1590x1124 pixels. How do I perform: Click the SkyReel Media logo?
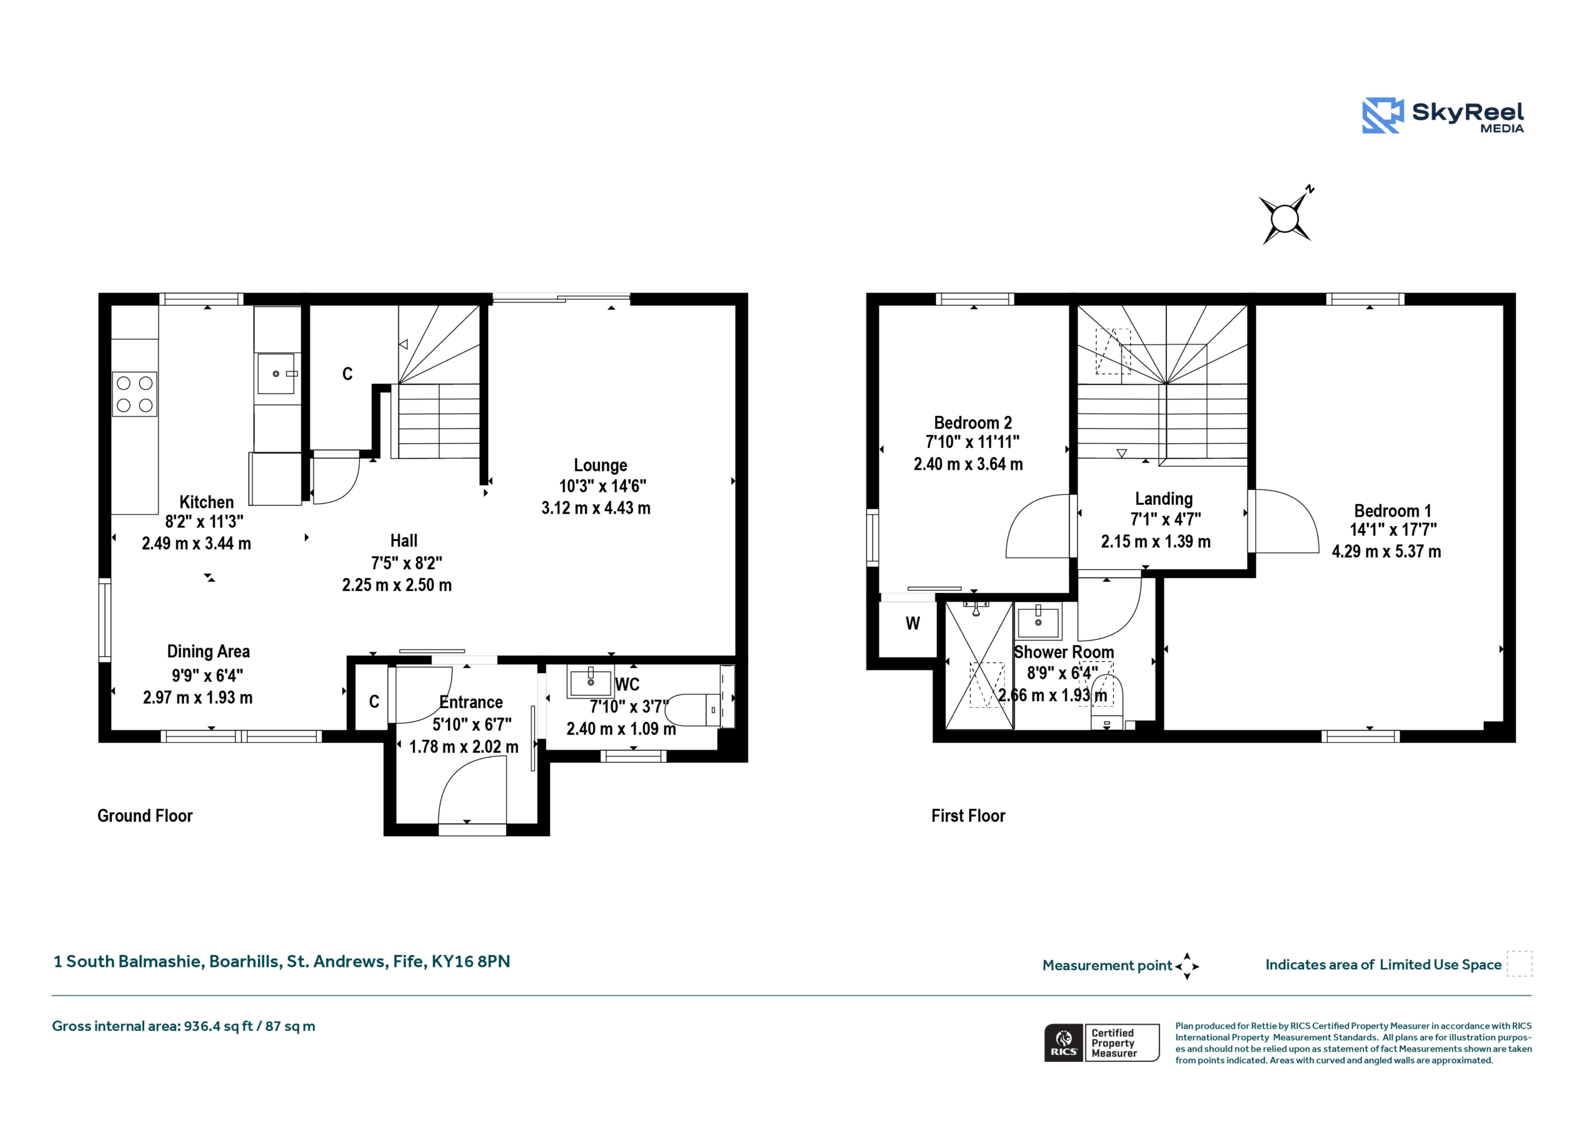tap(1443, 115)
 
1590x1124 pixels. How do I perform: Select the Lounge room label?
tap(601, 465)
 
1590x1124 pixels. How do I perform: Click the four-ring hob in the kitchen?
tap(134, 394)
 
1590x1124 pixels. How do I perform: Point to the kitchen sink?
tap(277, 373)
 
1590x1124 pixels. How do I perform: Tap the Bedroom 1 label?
tap(1392, 511)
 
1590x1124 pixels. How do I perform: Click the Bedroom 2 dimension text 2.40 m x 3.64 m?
tap(968, 464)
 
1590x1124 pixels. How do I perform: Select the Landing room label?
tap(1163, 499)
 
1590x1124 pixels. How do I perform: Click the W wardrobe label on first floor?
tap(913, 623)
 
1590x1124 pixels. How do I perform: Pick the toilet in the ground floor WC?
tap(694, 710)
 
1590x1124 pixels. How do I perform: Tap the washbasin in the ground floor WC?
tap(590, 681)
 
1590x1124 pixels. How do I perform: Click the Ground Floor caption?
tap(145, 816)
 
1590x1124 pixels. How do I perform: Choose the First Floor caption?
tap(968, 816)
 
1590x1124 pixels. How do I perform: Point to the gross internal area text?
tap(183, 1027)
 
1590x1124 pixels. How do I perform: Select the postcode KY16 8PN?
tap(471, 961)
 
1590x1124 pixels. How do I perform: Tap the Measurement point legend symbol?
tap(1187, 966)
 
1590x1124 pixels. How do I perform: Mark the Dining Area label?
tap(209, 651)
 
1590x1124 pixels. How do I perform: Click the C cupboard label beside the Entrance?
tap(374, 702)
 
